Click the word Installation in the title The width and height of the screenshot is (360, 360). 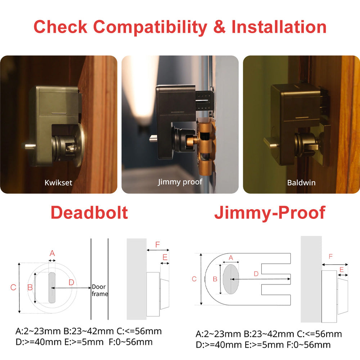[279, 27]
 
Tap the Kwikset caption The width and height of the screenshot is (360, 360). [59, 183]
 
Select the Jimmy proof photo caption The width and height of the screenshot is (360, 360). [180, 181]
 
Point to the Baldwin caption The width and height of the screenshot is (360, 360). [301, 183]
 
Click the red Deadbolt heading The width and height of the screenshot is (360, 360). [89, 212]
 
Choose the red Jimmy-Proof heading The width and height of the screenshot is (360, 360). [270, 212]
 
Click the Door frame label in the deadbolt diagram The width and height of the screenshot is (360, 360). [100, 290]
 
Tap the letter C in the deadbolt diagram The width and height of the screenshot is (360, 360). [13, 287]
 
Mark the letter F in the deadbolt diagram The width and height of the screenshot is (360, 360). [157, 245]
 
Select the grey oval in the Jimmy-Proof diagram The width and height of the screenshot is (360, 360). [231, 279]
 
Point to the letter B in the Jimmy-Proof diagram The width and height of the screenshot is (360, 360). [215, 279]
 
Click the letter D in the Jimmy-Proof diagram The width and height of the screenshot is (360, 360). [256, 274]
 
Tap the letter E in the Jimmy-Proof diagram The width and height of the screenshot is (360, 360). [342, 269]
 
